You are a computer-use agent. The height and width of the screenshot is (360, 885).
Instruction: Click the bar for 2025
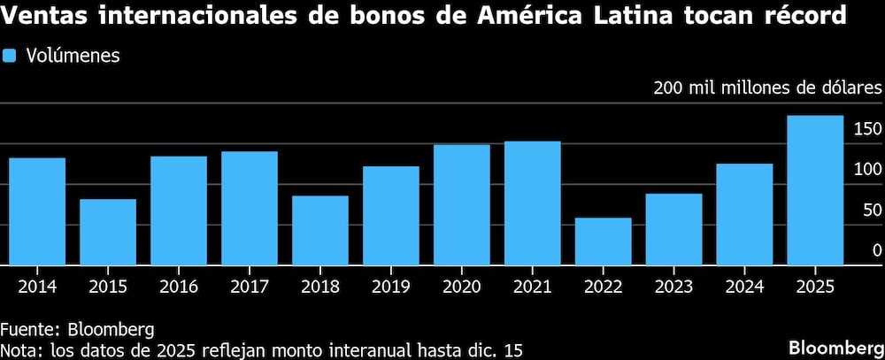pos(815,190)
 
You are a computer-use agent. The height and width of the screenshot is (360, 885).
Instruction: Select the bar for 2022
pos(603,241)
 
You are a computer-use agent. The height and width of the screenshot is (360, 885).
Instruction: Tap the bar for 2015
pos(107,232)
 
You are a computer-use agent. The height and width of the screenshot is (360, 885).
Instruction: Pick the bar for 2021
pos(532,203)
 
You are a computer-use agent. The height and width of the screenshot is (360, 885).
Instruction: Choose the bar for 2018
pos(319,230)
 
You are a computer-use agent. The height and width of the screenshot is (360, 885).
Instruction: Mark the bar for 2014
pos(36,211)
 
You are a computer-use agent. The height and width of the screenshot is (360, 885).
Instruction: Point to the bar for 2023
pos(673,229)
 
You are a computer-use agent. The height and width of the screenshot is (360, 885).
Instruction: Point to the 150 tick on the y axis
pos(867,130)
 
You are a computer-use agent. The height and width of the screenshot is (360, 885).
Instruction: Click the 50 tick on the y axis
pos(872,211)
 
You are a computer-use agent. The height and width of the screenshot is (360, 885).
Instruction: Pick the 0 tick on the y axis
pos(877,251)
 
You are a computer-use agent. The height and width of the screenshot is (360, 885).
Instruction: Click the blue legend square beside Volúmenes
pos(10,56)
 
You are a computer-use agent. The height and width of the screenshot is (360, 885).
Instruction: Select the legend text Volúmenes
pos(73,56)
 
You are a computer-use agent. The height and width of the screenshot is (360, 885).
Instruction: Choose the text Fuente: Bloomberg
pos(78,329)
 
